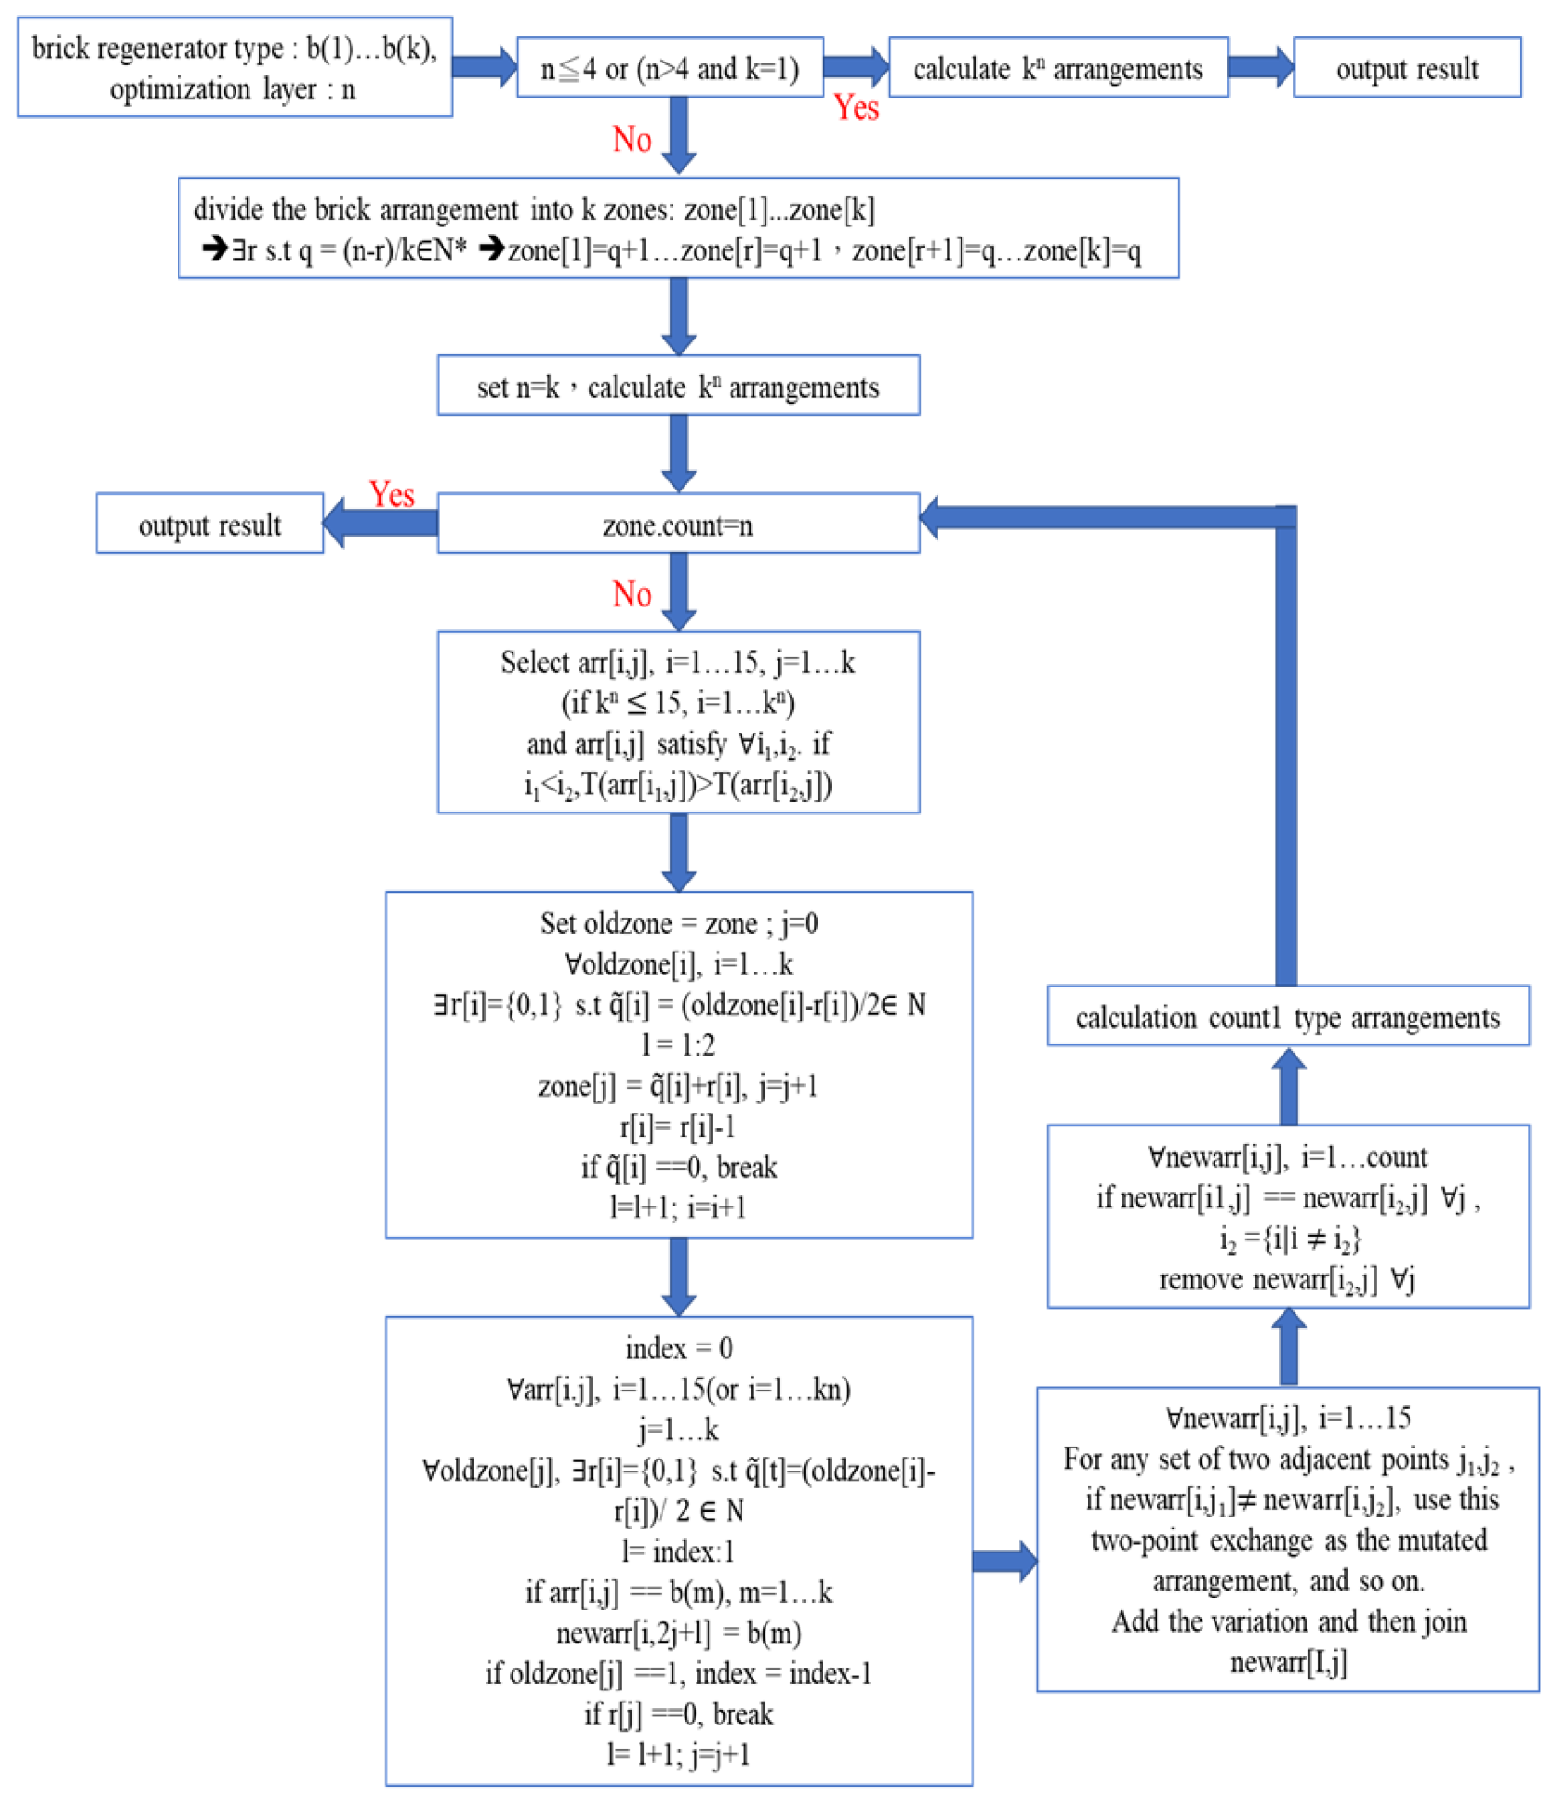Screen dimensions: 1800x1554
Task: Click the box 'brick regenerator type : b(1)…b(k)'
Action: tap(234, 66)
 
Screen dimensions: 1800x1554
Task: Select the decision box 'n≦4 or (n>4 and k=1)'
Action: tap(669, 67)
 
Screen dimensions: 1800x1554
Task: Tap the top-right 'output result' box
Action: tap(1406, 67)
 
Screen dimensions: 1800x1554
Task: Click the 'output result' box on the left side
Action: tap(209, 524)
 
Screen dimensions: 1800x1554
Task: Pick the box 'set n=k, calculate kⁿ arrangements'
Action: tap(677, 386)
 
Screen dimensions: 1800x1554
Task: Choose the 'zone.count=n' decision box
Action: tap(677, 524)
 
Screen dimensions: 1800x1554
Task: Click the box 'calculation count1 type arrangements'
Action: tap(1287, 1016)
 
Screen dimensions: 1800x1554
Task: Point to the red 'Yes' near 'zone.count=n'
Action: tap(391, 494)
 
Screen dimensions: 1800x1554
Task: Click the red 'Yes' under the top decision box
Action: tap(856, 108)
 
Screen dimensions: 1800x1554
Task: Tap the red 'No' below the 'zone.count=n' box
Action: tap(632, 594)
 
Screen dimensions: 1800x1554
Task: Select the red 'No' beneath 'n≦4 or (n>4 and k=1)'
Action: tap(632, 139)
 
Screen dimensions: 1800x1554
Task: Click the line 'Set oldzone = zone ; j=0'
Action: tap(678, 923)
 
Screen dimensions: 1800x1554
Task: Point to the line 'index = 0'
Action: tap(678, 1347)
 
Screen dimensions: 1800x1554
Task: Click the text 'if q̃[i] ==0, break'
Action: tap(678, 1167)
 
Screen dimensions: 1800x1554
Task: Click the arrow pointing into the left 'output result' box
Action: tap(379, 523)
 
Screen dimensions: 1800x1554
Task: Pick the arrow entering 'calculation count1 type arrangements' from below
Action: tap(1288, 1085)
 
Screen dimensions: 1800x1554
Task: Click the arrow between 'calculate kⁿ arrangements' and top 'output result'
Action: tap(1260, 67)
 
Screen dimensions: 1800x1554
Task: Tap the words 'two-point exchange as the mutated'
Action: tap(1288, 1540)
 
